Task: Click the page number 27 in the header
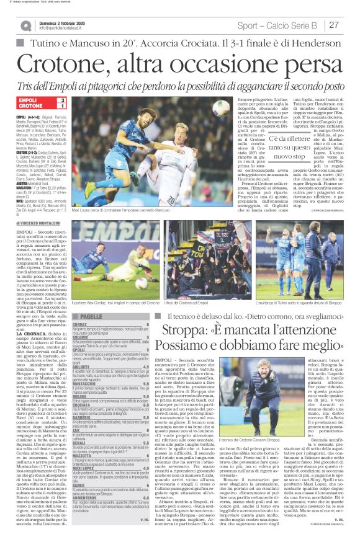click(335, 25)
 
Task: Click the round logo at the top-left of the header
click(25, 25)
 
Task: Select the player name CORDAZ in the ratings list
click(80, 324)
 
